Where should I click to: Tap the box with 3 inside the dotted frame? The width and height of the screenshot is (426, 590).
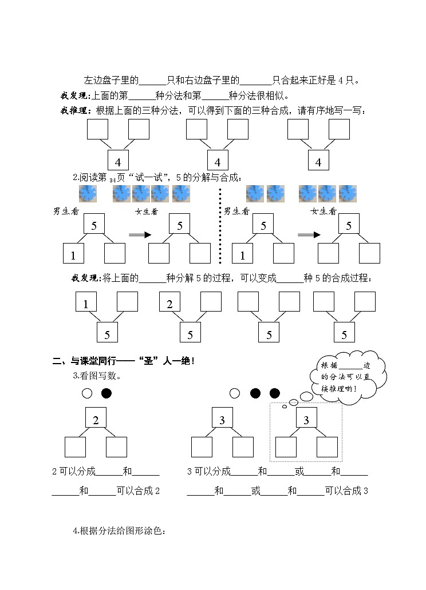306,419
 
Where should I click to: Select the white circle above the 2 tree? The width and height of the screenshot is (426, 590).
86,393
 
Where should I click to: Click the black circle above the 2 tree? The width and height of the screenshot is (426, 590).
107,393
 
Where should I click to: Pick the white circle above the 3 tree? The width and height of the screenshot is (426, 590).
234,393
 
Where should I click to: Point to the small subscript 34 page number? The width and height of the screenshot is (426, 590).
112,180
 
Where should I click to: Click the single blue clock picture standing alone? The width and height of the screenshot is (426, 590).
88,194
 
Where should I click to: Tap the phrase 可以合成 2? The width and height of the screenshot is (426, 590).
137,491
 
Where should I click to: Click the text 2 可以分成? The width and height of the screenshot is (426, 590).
74,472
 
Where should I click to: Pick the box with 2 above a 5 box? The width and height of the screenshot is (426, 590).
169,303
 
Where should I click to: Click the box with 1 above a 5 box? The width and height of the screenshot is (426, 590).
86,303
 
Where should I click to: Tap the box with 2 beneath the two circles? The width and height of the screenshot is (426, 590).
96,419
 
